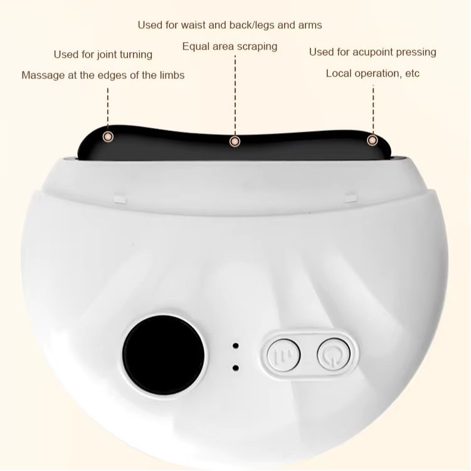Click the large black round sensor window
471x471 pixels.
pyautogui.click(x=164, y=355)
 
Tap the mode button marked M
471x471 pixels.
pyautogui.click(x=283, y=355)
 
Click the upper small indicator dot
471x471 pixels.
pyautogui.click(x=236, y=346)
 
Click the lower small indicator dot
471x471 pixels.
pyautogui.click(x=236, y=368)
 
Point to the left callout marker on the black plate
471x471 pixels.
pyautogui.click(x=108, y=137)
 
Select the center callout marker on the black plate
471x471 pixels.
pyautogui.click(x=235, y=141)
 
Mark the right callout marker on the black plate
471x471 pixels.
pyautogui.click(x=373, y=140)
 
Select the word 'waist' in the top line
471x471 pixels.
pyautogui.click(x=193, y=25)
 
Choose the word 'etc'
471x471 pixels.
pyautogui.click(x=412, y=73)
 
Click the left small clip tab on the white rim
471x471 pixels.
pyautogui.click(x=120, y=199)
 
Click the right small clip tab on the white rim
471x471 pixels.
pyautogui.click(x=351, y=198)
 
